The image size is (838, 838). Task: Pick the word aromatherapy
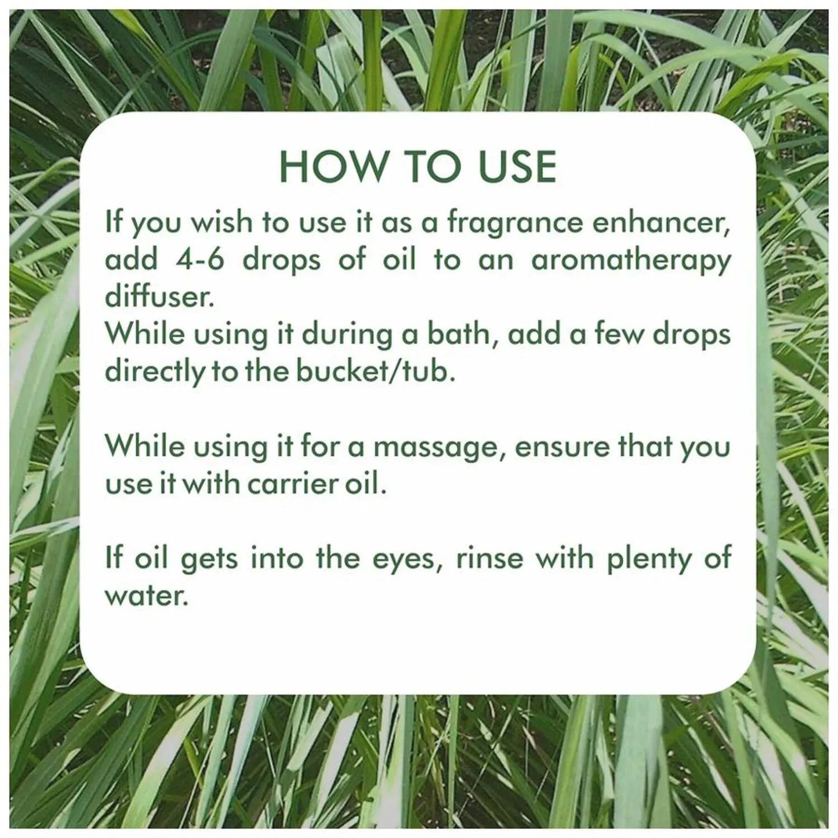click(632, 261)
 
